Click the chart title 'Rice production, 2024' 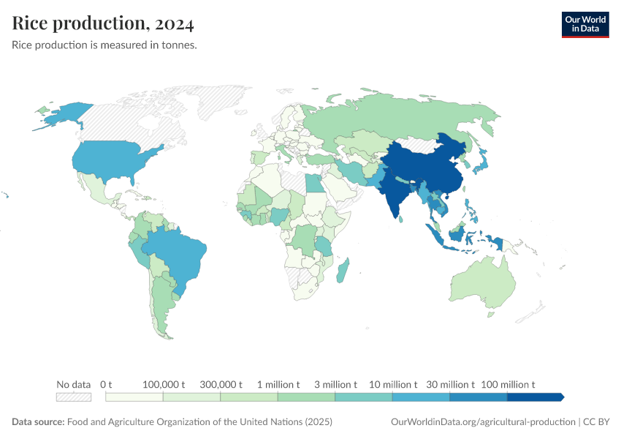[103, 23]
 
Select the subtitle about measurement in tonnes [104, 45]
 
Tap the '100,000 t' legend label [163, 384]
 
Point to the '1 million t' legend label [278, 384]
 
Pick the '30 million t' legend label [449, 384]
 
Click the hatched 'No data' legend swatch [74, 397]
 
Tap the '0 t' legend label [106, 384]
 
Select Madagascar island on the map [343, 271]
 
